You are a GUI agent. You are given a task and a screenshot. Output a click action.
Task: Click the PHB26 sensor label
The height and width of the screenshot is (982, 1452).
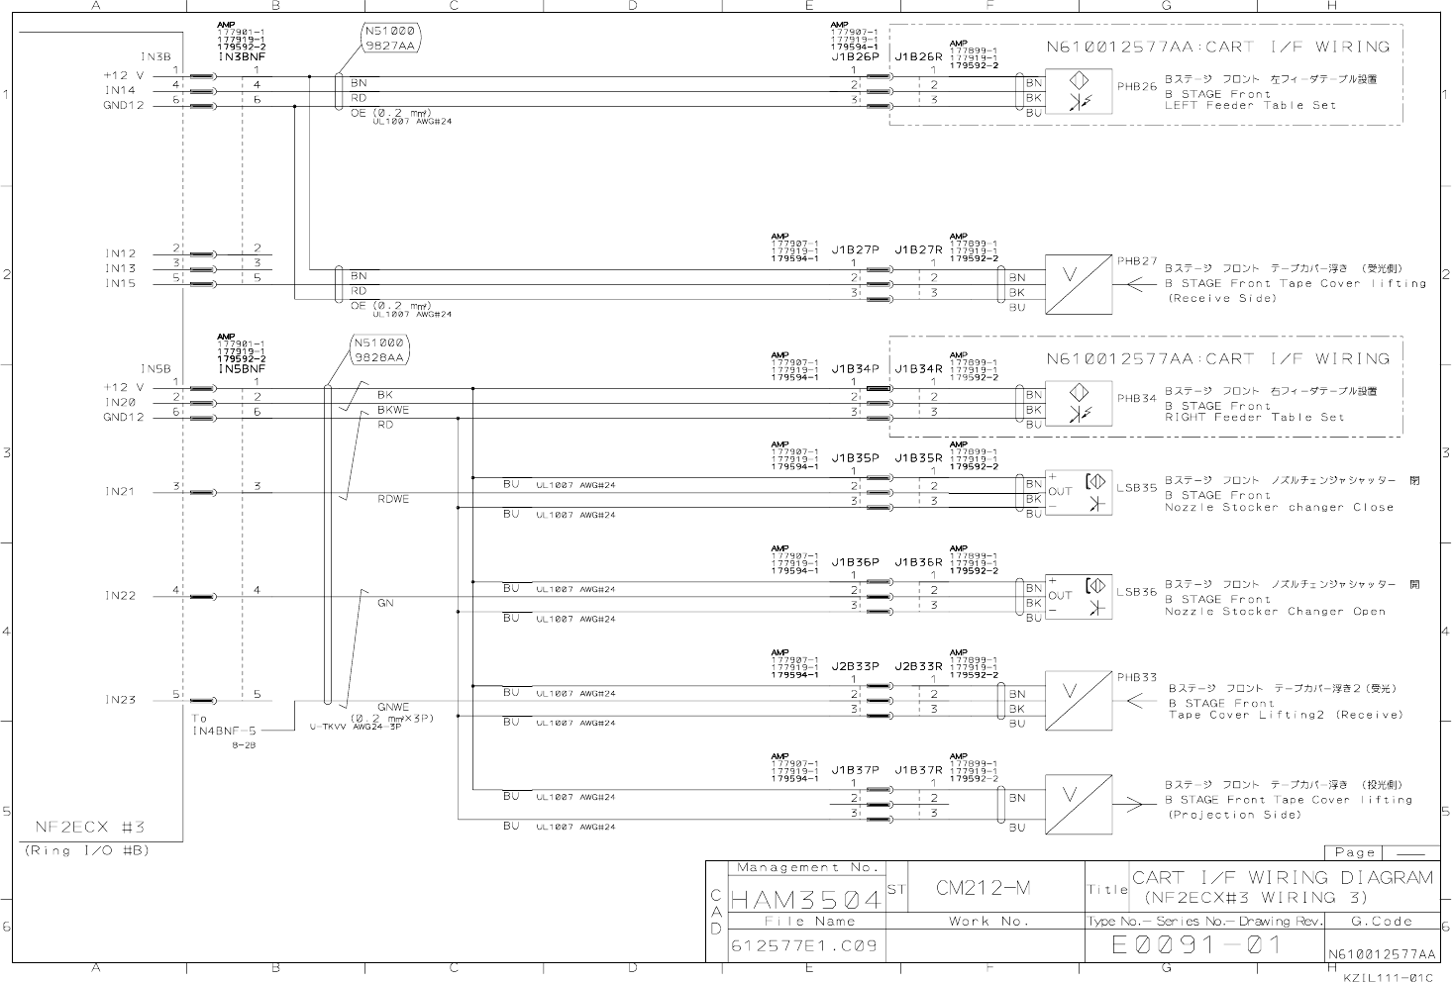[x=1137, y=86]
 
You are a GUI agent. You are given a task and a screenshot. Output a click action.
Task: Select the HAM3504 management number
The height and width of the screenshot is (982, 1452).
[x=805, y=900]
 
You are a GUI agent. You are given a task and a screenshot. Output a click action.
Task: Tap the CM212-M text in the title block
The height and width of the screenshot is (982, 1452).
[x=983, y=888]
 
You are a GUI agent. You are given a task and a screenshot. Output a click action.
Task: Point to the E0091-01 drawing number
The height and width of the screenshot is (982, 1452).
[x=1196, y=945]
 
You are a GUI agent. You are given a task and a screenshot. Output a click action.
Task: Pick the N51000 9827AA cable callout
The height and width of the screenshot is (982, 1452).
[x=390, y=38]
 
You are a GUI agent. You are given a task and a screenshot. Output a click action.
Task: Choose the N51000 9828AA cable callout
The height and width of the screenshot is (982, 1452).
[x=378, y=351]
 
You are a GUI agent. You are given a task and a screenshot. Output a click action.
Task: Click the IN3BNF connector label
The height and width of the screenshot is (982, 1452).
[x=242, y=57]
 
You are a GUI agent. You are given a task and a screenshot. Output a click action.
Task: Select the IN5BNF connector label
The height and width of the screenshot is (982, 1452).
[x=242, y=368]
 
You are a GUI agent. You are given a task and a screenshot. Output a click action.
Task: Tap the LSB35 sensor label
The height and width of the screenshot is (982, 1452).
[x=1136, y=488]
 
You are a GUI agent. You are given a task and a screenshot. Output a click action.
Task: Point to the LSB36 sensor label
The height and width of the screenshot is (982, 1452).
[x=1136, y=592]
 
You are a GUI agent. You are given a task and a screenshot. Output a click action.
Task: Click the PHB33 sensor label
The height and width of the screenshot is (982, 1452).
[x=1137, y=678]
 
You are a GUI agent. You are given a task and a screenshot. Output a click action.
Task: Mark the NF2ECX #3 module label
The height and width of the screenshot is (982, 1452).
[x=90, y=827]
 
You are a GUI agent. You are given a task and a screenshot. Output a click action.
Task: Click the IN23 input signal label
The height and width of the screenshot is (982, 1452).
[x=121, y=700]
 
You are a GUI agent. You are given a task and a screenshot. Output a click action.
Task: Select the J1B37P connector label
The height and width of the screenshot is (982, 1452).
[x=855, y=770]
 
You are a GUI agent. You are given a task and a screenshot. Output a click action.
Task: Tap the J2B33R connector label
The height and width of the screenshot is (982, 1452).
[x=918, y=666]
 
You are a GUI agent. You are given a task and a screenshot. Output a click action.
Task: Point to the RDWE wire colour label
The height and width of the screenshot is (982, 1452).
[x=392, y=500]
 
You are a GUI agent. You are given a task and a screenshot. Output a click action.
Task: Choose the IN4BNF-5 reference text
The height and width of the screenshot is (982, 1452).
[x=224, y=731]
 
